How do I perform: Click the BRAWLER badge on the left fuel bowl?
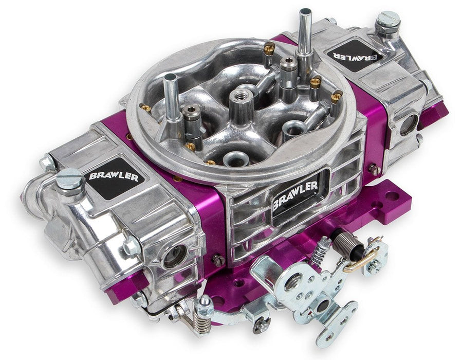click(x=109, y=176)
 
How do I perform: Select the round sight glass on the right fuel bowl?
click(x=408, y=125)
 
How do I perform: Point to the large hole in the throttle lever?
click(x=293, y=281)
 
